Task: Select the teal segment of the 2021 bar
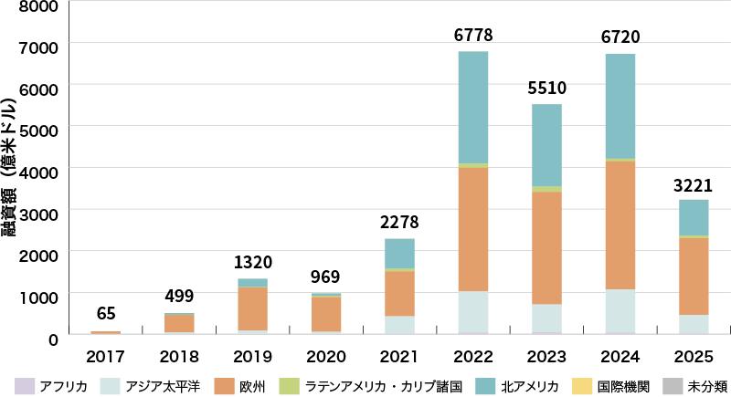tap(400, 254)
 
